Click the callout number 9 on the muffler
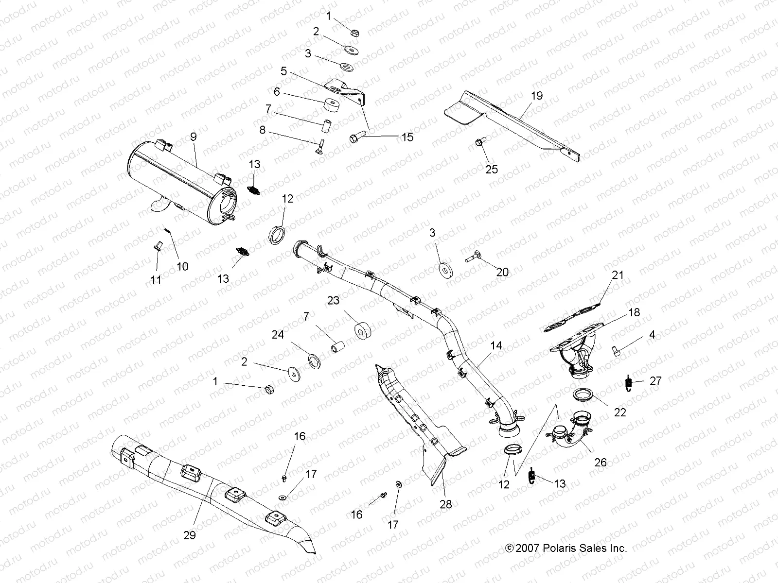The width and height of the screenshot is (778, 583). pos(194,137)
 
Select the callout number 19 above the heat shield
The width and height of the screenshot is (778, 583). pos(536,96)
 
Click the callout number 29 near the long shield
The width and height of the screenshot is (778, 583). pos(189,535)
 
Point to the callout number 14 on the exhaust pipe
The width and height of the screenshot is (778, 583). pos(496,346)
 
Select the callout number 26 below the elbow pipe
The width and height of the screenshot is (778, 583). pos(601,462)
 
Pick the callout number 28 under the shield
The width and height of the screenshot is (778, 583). pos(445,504)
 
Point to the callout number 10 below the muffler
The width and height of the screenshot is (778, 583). pos(182,266)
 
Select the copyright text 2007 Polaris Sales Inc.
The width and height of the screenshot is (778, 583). pos(566,548)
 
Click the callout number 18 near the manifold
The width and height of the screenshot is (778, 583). pos(634,312)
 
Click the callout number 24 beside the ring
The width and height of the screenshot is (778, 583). pos(278,335)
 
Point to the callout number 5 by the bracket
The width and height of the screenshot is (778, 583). pos(283,71)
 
